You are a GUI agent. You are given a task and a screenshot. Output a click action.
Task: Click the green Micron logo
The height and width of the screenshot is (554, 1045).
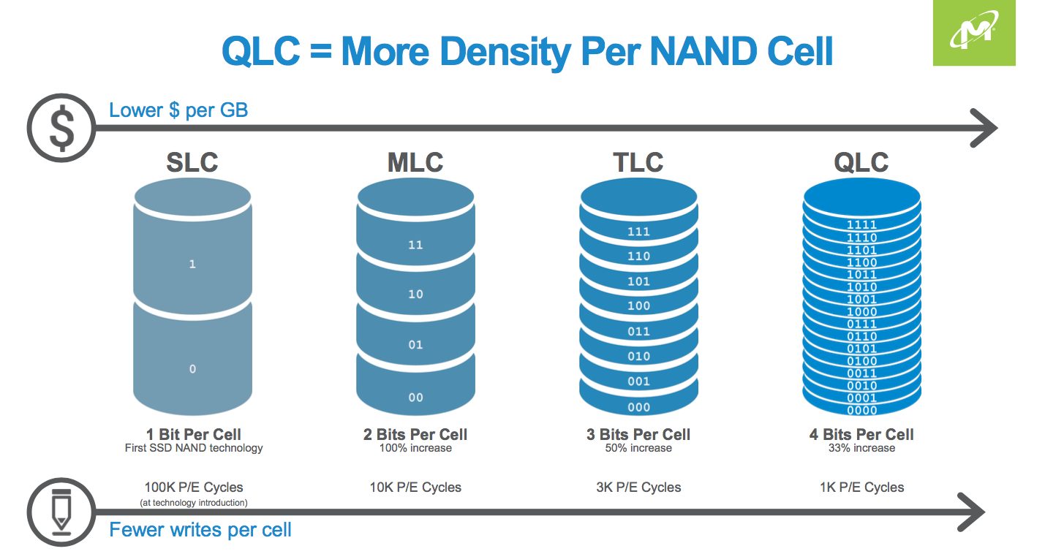point(973,33)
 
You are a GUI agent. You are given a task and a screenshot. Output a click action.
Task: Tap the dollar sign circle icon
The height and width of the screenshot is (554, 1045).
point(61,129)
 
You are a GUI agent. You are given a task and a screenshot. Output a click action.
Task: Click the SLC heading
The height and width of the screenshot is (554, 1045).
point(192,162)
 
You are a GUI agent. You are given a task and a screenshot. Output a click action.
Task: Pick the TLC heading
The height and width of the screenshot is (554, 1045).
point(638,162)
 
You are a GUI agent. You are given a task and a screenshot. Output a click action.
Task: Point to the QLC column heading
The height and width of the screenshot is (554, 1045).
point(861,162)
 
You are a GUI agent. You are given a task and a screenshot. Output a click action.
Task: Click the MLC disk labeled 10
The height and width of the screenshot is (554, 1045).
point(415,294)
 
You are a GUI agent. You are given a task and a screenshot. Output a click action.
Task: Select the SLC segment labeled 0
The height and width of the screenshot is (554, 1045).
point(192,369)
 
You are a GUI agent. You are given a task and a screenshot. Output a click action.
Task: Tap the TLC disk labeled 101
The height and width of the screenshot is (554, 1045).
point(638,281)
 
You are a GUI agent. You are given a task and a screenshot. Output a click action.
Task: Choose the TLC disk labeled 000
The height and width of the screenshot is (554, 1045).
point(638,407)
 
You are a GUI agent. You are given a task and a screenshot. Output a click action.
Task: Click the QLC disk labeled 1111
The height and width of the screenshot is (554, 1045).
point(861,225)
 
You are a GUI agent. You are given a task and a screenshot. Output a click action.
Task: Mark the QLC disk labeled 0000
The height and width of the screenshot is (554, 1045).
point(861,410)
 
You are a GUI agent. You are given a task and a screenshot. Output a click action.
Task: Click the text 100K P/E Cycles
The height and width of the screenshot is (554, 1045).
point(194,487)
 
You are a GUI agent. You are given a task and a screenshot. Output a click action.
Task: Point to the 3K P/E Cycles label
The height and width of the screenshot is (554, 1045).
point(638,487)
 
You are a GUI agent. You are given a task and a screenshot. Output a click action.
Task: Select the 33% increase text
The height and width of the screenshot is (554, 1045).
point(861,448)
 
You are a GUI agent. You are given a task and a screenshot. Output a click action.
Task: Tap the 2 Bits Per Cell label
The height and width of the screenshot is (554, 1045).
point(415,434)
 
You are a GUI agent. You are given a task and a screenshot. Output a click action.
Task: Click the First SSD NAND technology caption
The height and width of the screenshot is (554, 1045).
point(194,448)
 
